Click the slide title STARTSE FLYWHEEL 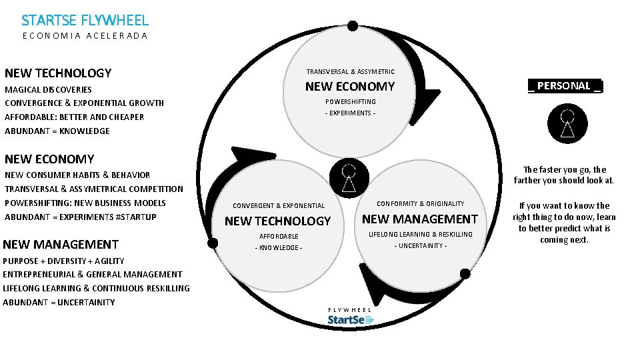pyautogui.click(x=85, y=21)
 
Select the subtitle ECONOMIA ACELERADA pyautogui.click(x=85, y=36)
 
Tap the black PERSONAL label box pyautogui.click(x=565, y=86)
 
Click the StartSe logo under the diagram pyautogui.click(x=351, y=320)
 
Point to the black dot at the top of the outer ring pyautogui.click(x=353, y=26)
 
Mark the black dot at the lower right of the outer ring pyautogui.click(x=465, y=273)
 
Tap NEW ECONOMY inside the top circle pyautogui.click(x=350, y=86)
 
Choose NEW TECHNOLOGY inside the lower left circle pyautogui.click(x=277, y=221)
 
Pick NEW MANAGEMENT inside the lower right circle pyautogui.click(x=420, y=219)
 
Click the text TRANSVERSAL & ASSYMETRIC pyautogui.click(x=350, y=71)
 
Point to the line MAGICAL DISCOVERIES pyautogui.click(x=48, y=89)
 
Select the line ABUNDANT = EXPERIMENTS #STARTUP pyautogui.click(x=80, y=217)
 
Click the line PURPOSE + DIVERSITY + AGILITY pyautogui.click(x=63, y=261)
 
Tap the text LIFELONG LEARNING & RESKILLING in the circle pyautogui.click(x=420, y=234)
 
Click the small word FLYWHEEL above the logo pyautogui.click(x=350, y=310)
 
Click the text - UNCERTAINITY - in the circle pyautogui.click(x=420, y=246)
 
